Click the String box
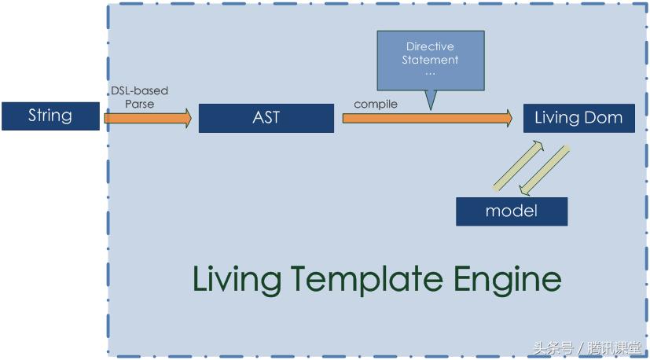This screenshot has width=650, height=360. point(50,116)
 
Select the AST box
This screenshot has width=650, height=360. point(266,119)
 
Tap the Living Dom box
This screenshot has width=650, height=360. point(578,118)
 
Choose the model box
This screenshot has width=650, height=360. point(511,211)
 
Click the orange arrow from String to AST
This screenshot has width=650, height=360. point(148,119)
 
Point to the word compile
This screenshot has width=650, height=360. point(376,104)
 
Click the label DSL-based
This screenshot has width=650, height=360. point(139,90)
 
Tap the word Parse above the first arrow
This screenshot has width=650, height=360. point(139,103)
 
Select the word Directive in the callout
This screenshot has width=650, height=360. point(430,47)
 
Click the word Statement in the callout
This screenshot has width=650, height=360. point(430,60)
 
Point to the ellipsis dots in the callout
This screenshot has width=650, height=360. point(430,72)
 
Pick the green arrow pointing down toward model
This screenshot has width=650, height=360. point(545,170)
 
